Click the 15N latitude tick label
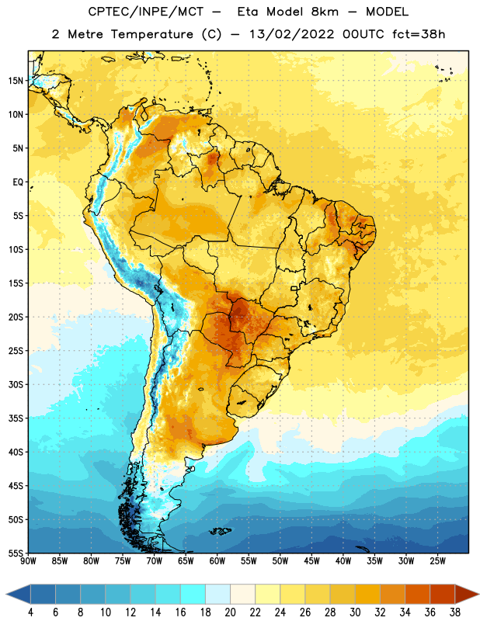[16, 81]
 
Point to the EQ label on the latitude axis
[18, 182]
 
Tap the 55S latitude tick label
[16, 553]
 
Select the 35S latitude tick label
[16, 418]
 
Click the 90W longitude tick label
[28, 561]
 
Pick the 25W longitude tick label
[437, 561]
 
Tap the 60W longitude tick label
[217, 561]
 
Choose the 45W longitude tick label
[311, 561]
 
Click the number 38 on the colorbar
[455, 612]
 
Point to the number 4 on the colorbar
[30, 612]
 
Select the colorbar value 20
[230, 612]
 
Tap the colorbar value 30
[355, 612]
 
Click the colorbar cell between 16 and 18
[193, 595]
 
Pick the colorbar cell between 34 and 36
[417, 595]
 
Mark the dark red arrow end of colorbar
[467, 595]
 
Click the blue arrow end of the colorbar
[18, 595]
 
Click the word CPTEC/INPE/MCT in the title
[146, 12]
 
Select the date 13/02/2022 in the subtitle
[292, 34]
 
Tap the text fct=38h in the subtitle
[419, 34]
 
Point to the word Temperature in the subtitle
[151, 34]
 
